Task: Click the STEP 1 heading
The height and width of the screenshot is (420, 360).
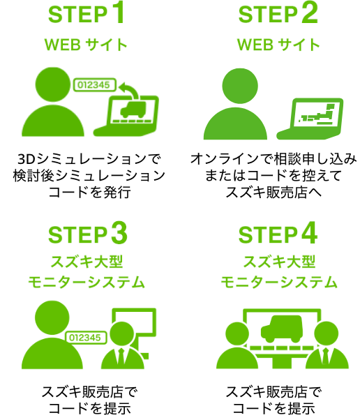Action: point(87,13)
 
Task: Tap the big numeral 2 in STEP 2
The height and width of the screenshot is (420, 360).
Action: point(309,13)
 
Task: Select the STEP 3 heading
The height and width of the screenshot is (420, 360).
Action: point(87,234)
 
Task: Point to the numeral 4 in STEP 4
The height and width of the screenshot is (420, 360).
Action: point(309,233)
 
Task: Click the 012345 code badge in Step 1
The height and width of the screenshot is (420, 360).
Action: point(95,85)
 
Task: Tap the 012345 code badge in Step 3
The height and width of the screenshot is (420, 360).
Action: point(86,338)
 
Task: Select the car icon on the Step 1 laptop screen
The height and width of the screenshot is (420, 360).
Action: point(133,110)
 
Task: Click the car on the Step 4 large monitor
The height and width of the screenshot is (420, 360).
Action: point(282,329)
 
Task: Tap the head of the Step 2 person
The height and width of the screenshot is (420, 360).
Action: point(240,86)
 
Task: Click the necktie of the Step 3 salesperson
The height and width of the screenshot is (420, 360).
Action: point(121,357)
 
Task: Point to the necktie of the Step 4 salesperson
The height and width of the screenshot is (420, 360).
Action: point(326,357)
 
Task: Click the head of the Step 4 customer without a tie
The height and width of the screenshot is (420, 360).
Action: point(237,333)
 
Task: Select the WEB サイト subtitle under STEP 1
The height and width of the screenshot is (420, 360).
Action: point(86,45)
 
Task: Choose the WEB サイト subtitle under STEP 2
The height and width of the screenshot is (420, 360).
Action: point(278,45)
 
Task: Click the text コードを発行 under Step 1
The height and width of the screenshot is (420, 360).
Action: point(90,192)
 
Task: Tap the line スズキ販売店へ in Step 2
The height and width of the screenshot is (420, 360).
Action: point(273,192)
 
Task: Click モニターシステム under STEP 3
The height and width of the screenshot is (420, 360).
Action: point(87,282)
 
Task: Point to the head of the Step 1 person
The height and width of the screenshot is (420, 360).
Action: point(53,84)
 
